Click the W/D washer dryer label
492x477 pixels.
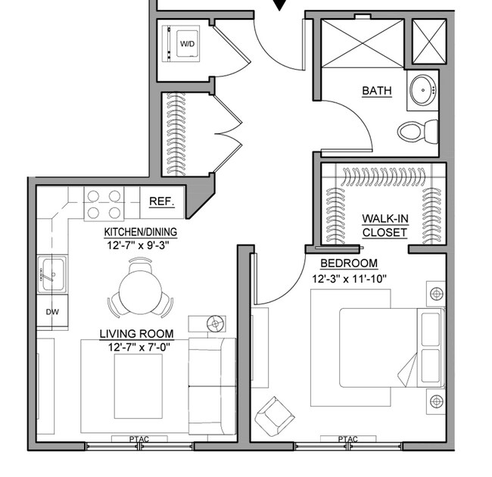pos(186,44)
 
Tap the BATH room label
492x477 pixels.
pos(377,91)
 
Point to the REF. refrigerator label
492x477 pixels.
pos(162,202)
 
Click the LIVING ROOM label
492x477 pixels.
pos(137,333)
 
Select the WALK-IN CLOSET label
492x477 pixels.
pos(385,226)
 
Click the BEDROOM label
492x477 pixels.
pos(349,263)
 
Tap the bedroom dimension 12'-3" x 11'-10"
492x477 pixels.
pos(349,278)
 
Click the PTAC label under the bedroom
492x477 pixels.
pos(348,439)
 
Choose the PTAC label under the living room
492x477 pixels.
pos(139,439)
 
